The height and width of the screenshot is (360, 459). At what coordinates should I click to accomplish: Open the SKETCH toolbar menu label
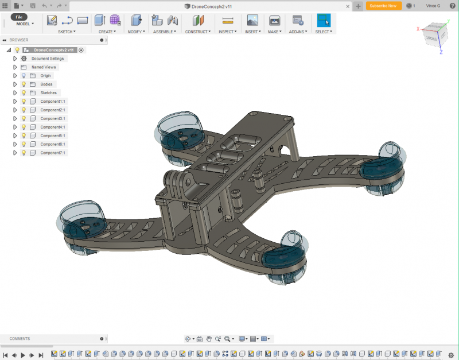[66, 32]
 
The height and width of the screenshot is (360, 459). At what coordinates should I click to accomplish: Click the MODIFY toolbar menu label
[136, 32]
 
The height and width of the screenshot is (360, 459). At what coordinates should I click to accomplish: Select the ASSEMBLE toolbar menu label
[165, 32]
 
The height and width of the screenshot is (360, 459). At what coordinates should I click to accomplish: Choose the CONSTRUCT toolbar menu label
[198, 32]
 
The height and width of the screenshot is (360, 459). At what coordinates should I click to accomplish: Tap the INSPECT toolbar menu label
[227, 32]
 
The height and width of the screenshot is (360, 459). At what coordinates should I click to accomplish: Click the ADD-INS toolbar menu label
[298, 32]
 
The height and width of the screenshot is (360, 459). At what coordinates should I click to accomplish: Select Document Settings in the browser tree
[48, 59]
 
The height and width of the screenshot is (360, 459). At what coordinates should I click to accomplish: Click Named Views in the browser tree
[44, 67]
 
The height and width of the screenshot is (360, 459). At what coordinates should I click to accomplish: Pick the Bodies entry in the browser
[46, 84]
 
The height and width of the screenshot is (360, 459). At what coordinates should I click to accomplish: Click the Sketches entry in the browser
[48, 93]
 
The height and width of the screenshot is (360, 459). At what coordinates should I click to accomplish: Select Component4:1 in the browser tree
[52, 127]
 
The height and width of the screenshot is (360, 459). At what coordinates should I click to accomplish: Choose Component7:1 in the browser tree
[52, 153]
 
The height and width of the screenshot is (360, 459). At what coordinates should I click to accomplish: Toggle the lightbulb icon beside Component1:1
[24, 102]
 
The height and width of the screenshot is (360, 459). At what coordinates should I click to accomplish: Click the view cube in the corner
[434, 36]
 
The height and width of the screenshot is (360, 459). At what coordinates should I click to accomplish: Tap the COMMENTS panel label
[20, 339]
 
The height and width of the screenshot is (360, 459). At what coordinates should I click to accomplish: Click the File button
[19, 17]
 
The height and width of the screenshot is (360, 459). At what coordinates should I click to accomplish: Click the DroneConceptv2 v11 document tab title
[212, 6]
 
